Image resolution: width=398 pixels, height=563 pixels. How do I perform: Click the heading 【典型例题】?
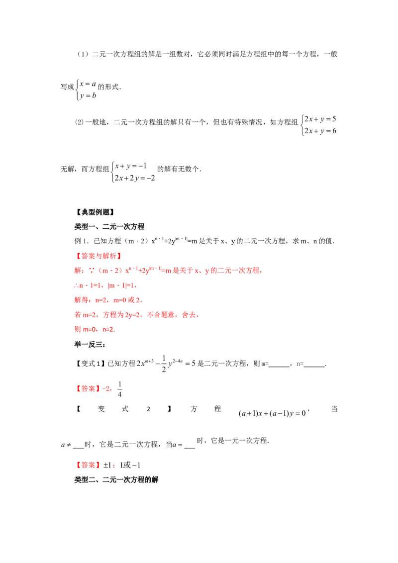(x=95, y=212)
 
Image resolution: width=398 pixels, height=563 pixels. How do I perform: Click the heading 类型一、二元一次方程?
(x=109, y=227)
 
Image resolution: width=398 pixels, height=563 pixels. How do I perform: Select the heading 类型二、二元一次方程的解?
(x=116, y=480)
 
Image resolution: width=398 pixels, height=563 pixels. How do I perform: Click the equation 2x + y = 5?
(x=320, y=119)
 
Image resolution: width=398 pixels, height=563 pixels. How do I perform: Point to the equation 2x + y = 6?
(x=320, y=131)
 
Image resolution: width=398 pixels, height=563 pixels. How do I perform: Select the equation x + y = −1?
(x=131, y=166)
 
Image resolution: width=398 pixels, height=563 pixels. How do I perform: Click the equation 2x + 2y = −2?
(x=135, y=178)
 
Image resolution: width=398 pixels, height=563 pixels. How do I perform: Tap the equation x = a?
(x=88, y=84)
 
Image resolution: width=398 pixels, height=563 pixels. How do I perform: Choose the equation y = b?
(x=88, y=95)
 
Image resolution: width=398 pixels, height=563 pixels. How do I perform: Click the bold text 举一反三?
(x=90, y=345)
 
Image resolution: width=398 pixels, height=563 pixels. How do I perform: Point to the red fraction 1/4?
(x=119, y=389)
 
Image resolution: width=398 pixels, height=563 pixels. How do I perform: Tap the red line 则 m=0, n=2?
(x=95, y=329)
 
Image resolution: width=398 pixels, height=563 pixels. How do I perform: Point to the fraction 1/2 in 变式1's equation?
(x=164, y=364)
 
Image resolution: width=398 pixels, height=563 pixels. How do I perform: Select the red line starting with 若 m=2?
(x=137, y=315)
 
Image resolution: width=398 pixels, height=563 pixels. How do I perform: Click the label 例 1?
(x=81, y=241)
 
